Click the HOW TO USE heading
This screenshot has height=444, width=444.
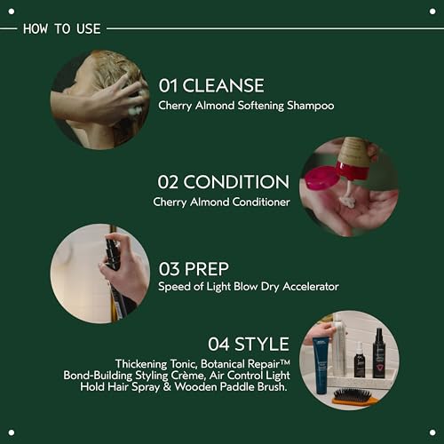pos(61,28)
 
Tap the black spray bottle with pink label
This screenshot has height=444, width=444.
pos(379,353)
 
